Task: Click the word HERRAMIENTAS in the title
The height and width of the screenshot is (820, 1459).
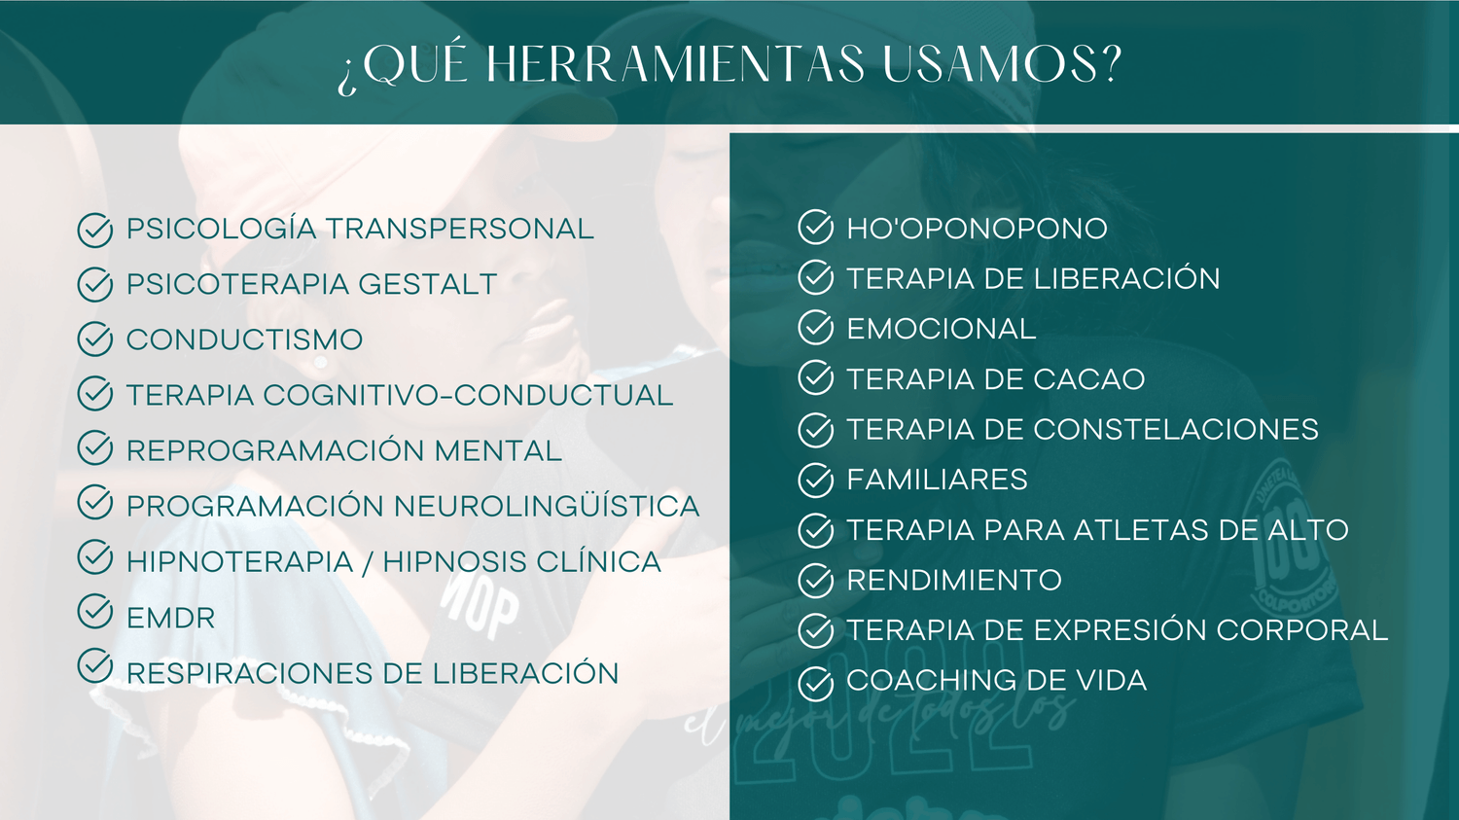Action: [675, 64]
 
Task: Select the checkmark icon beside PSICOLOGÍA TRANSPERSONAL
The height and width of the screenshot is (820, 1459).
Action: [95, 230]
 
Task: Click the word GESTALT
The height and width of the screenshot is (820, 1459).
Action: [427, 284]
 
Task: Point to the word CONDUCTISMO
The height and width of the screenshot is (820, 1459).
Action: [244, 339]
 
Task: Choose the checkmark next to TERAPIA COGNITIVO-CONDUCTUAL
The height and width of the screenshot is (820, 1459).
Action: [95, 393]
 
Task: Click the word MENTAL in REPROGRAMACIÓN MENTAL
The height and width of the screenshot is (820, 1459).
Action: [498, 450]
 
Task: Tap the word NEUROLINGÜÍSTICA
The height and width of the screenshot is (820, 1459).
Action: [547, 506]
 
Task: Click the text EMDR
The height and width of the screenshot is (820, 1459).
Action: [170, 618]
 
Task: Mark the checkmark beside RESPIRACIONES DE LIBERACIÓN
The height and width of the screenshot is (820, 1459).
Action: [95, 665]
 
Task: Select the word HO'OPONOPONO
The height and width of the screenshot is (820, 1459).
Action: [977, 229]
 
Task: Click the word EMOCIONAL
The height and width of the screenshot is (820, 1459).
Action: [942, 328]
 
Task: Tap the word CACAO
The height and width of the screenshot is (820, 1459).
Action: [1089, 379]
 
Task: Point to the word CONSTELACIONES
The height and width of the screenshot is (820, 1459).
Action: [1176, 429]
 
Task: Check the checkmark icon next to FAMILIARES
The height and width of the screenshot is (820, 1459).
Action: [815, 480]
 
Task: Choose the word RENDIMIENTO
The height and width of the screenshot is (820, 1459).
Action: [954, 580]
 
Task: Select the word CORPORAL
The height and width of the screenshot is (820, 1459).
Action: [1302, 629]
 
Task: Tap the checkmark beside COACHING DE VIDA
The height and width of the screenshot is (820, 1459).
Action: [815, 683]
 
